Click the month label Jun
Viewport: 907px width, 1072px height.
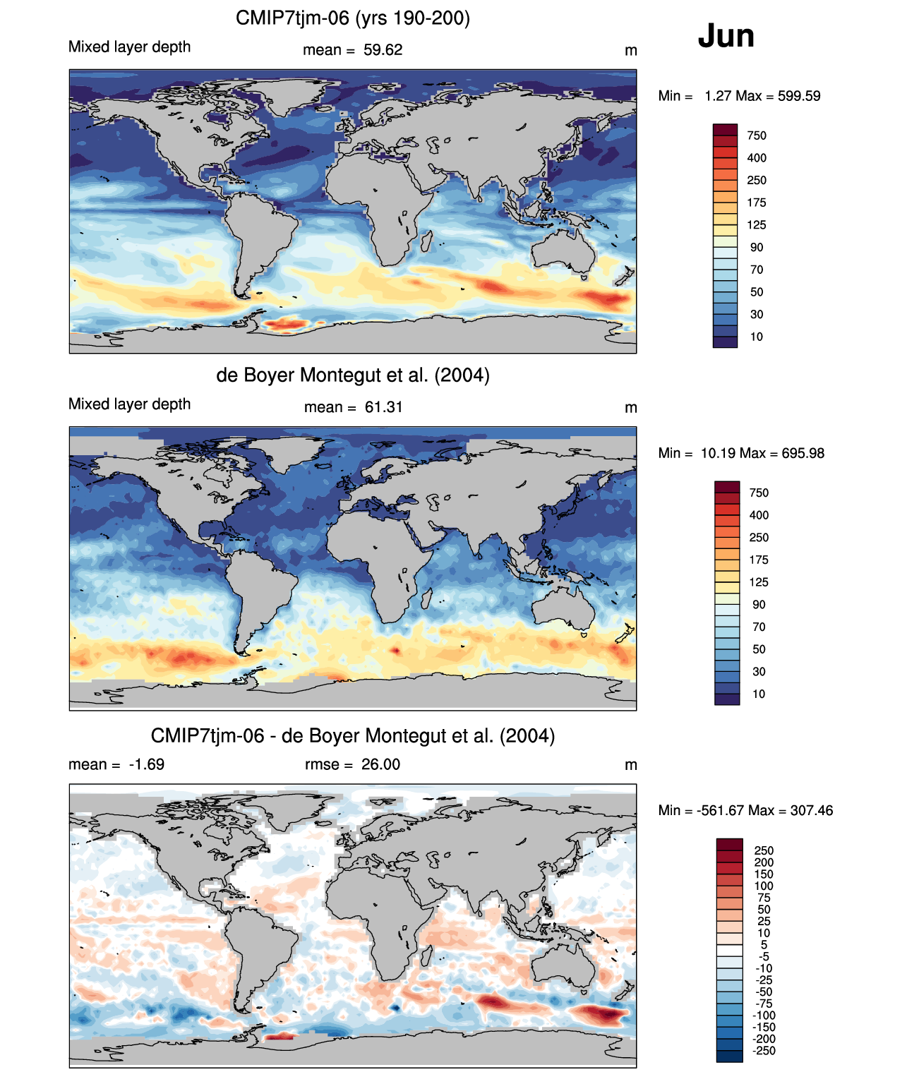click(726, 36)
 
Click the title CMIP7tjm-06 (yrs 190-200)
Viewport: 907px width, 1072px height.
click(353, 18)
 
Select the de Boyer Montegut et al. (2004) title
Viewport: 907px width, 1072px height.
click(353, 375)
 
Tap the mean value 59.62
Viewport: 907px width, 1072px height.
click(383, 50)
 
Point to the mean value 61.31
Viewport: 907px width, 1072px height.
click(383, 407)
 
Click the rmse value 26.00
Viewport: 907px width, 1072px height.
click(380, 764)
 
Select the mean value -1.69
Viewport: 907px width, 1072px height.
click(146, 764)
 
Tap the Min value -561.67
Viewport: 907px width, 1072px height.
click(720, 810)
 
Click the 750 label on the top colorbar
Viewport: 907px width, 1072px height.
click(757, 135)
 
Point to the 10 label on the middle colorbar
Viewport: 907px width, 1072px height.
click(759, 694)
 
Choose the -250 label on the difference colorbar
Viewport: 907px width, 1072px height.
click(764, 1051)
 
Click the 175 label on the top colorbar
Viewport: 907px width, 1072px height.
click(757, 203)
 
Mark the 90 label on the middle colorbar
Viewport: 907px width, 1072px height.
click(759, 605)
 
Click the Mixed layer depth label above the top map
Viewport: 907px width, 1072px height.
click(130, 47)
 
